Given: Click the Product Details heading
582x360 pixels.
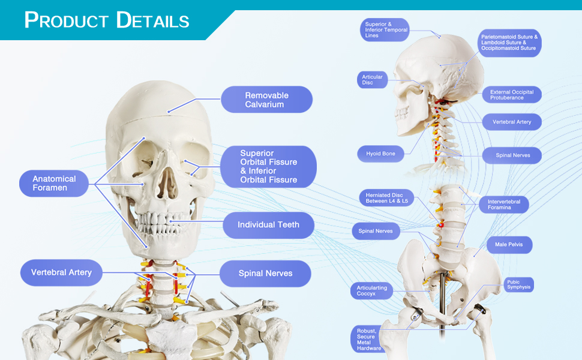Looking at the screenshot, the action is [107, 20].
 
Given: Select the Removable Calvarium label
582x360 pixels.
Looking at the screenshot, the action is [266, 100].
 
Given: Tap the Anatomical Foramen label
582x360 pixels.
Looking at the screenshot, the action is [54, 183].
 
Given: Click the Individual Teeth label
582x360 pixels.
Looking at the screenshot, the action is [268, 225].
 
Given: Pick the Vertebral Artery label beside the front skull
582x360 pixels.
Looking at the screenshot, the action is [61, 272].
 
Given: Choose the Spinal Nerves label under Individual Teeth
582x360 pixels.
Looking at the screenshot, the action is [265, 274].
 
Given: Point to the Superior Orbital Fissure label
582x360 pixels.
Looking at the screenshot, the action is [268, 166].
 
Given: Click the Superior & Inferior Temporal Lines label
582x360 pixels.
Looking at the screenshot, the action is [386, 30].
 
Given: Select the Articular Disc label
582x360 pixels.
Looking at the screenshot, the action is [372, 80].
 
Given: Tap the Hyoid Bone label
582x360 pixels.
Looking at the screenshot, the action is [380, 154].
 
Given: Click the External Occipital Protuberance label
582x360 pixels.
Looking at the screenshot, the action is [511, 95].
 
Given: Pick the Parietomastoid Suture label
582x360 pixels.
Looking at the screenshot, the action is [509, 42].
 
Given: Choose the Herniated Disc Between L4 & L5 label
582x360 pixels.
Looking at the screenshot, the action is [386, 197].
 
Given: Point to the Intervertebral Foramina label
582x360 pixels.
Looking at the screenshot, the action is [503, 205].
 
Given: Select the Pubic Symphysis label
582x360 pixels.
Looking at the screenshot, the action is [518, 284].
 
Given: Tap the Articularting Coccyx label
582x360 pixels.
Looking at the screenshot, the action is [371, 291].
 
